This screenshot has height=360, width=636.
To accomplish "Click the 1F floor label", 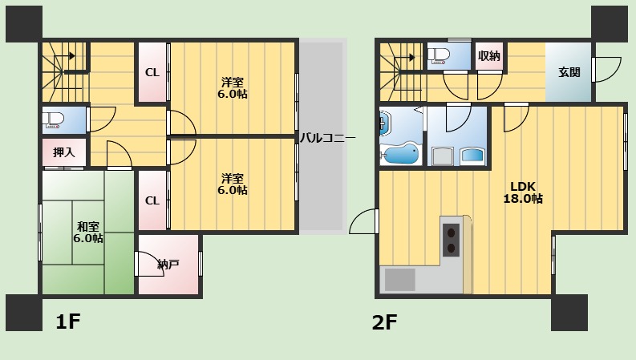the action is tap(68, 322).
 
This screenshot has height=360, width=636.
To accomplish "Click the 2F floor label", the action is tap(384, 322).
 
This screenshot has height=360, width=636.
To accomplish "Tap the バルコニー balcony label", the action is tap(327, 138).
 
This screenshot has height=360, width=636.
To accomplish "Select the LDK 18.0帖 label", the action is tap(523, 192).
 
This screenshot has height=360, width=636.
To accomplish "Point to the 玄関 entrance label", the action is tap(569, 72).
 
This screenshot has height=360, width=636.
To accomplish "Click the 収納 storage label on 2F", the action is tap(489, 56).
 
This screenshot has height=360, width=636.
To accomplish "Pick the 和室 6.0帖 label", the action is tap(88, 232).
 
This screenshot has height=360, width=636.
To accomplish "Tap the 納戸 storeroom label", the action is tap(168, 265).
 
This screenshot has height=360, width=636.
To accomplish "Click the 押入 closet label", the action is tap(64, 152).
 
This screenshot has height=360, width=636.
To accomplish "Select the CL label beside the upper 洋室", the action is tap(152, 73).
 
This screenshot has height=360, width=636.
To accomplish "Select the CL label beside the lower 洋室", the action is tap(152, 200).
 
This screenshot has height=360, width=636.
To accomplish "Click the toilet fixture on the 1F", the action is tap(54, 120).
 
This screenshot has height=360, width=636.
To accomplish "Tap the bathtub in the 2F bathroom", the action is tap(401, 153).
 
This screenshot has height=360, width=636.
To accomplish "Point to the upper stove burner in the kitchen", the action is tap(451, 233).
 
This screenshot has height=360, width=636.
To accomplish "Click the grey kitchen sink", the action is tap(400, 279).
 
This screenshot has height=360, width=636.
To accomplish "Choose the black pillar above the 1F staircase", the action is tap(24, 23).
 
